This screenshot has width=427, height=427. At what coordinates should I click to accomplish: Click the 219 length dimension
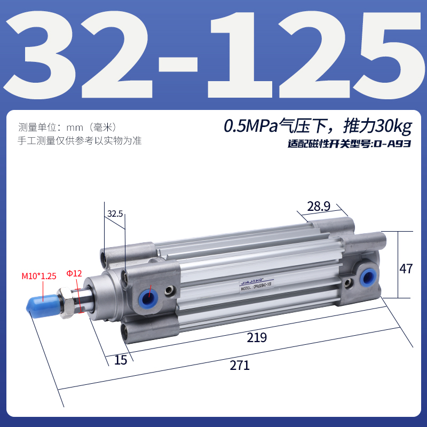point(257,338)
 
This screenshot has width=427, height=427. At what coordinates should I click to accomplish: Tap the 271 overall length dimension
point(240,366)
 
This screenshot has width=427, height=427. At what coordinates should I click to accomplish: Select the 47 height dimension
point(406,268)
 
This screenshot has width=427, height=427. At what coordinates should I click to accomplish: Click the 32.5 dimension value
point(115,213)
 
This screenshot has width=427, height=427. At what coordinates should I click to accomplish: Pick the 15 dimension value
point(121,360)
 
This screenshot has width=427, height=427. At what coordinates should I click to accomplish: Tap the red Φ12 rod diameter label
point(74,273)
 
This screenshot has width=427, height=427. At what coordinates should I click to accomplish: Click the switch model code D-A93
point(392,144)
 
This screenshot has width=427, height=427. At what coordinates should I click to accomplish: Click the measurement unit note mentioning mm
point(67,128)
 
